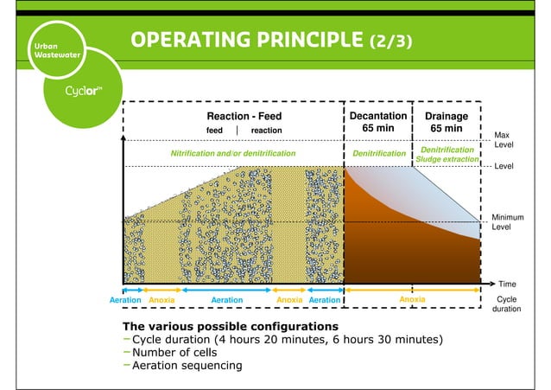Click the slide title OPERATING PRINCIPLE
point(271,42)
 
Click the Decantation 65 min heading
point(377,122)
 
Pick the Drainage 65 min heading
point(446,122)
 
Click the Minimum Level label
point(503,221)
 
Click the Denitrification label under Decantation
point(378,153)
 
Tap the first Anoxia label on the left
point(161,299)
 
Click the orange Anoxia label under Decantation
point(411,299)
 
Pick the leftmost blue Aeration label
point(124,299)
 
